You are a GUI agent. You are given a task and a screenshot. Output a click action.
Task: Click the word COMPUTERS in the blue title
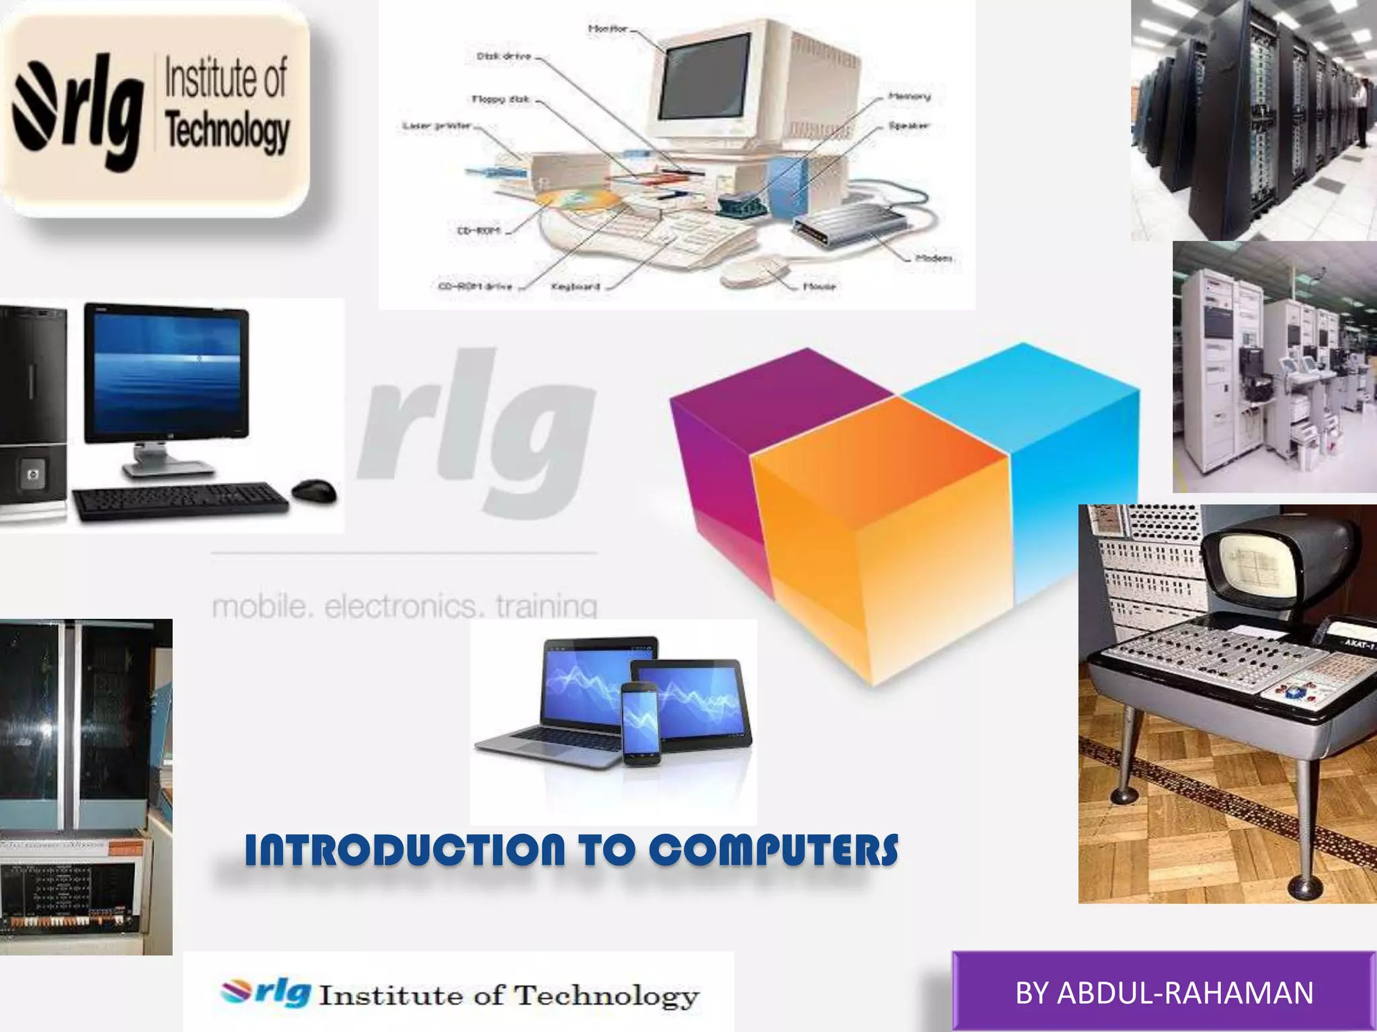(x=773, y=850)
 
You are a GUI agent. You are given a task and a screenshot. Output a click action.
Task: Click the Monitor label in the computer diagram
(x=607, y=29)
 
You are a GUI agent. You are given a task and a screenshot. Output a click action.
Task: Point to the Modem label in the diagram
(x=933, y=258)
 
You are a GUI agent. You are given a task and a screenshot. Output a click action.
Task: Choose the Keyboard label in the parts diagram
(x=575, y=287)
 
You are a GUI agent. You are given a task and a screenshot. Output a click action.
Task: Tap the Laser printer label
(x=437, y=126)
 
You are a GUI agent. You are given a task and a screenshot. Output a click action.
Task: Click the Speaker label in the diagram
(x=909, y=126)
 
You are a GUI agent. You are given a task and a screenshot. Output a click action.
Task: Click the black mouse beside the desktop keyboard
(x=314, y=490)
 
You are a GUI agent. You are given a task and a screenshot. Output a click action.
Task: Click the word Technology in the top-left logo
(x=227, y=131)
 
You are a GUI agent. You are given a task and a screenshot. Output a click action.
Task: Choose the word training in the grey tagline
(x=546, y=606)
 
